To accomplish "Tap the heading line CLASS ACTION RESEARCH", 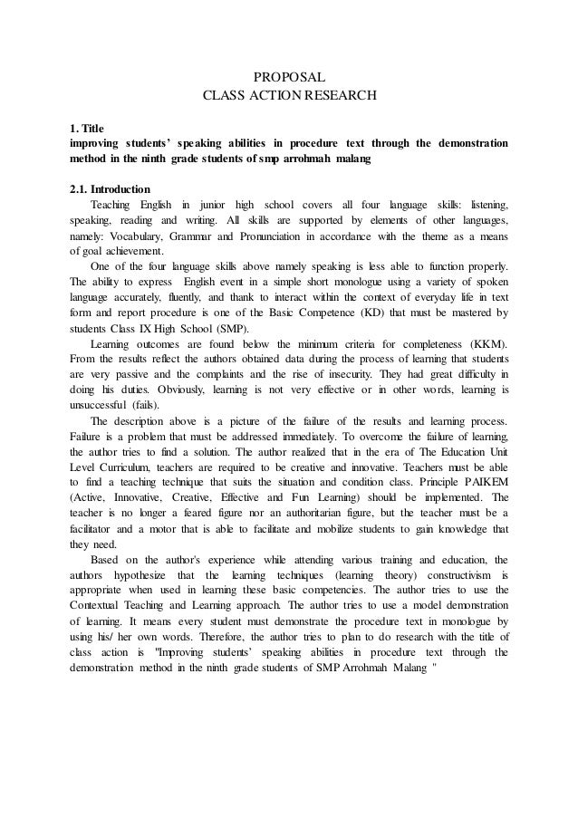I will tap(288, 94).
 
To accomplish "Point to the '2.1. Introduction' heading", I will tap(110, 190).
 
